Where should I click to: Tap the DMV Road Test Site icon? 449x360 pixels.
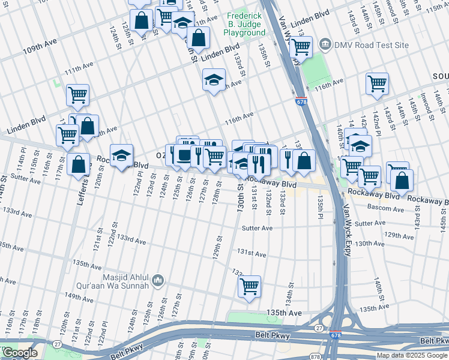coord(325,44)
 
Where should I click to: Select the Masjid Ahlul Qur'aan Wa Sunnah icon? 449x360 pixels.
coord(158,280)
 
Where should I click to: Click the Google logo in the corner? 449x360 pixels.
coord(20,353)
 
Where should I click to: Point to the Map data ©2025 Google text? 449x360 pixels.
coord(411,355)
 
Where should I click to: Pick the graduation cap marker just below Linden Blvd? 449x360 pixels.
coord(214,80)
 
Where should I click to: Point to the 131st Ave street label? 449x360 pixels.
coord(251,254)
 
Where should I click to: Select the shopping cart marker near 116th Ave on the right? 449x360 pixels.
coord(377,83)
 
